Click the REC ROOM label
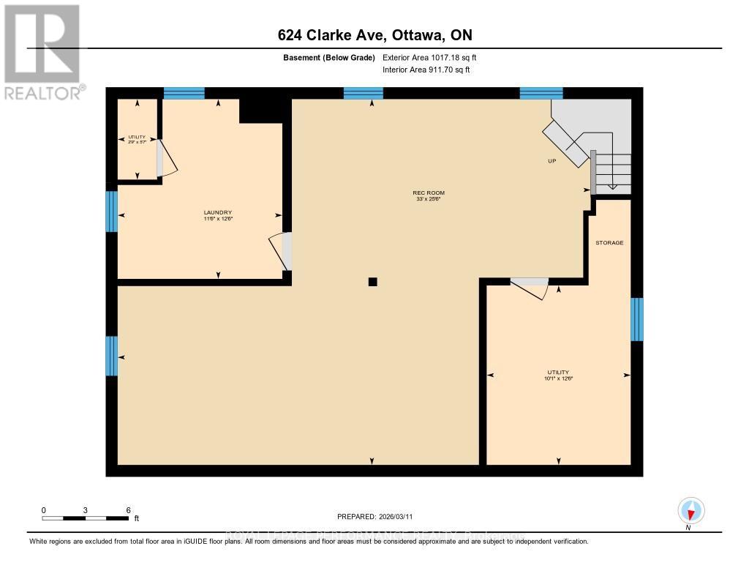click(429, 193)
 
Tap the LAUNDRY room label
click(218, 213)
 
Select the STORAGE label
click(609, 242)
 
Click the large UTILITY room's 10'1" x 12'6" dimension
click(557, 378)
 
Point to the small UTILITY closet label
click(138, 138)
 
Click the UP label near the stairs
click(552, 161)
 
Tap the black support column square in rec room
click(372, 281)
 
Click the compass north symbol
click(690, 510)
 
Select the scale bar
click(86, 518)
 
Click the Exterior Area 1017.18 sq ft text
click(430, 57)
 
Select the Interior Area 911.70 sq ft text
click(426, 70)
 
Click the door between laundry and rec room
click(282, 251)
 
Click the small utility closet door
click(165, 157)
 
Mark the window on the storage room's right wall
click(637, 319)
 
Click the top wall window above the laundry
click(184, 93)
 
